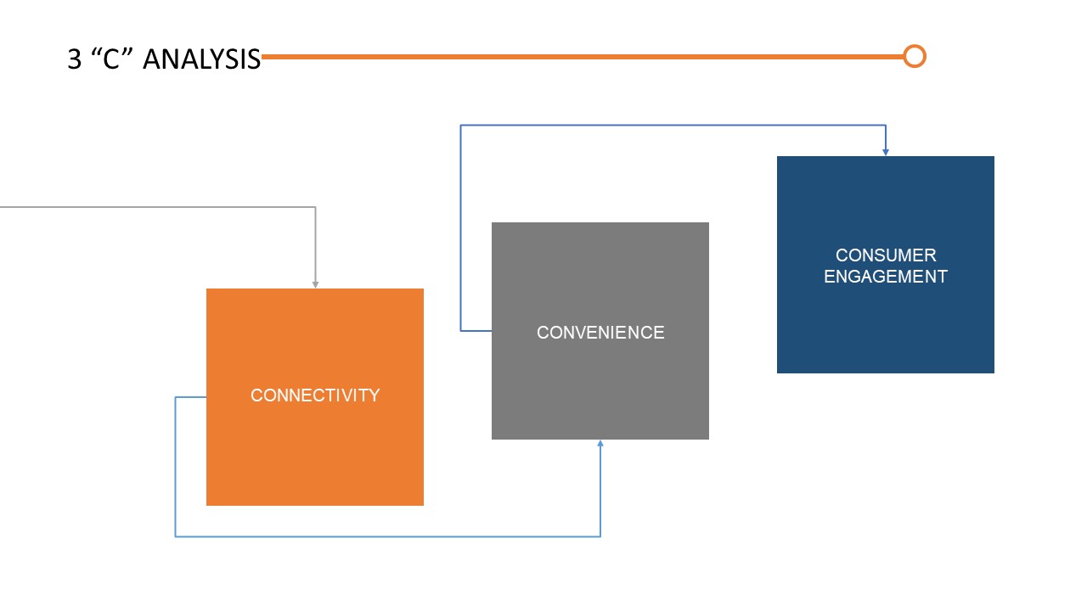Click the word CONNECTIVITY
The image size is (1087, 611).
point(315,395)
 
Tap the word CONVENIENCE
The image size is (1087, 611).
point(600,333)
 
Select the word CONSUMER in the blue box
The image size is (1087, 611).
point(886,255)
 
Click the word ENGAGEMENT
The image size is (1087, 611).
point(886,277)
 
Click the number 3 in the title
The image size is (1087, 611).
point(75,59)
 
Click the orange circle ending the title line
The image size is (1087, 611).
point(914,57)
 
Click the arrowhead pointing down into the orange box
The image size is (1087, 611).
point(315,284)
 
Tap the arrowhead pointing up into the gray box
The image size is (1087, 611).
point(600,444)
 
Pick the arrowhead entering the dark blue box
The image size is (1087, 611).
point(886,152)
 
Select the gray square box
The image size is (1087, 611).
point(600,390)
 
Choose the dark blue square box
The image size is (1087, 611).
point(886,331)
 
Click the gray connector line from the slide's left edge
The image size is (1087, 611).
point(153,207)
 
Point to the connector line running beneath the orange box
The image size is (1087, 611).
point(382,536)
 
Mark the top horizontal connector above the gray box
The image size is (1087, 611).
point(671,126)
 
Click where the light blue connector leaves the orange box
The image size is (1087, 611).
point(205,397)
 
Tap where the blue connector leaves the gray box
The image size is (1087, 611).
point(490,330)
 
